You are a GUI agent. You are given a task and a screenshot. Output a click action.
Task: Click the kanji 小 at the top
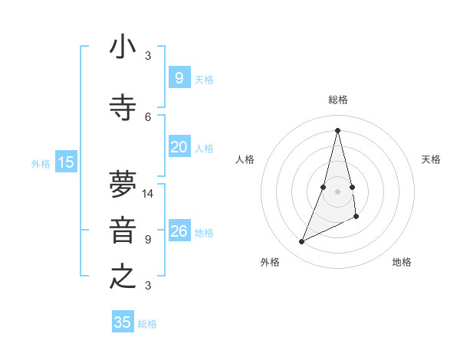click(x=123, y=47)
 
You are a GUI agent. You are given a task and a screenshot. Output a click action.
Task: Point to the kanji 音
click(x=123, y=231)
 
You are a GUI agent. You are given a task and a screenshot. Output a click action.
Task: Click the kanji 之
click(x=123, y=277)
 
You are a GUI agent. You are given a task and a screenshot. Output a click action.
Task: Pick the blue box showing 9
click(x=179, y=77)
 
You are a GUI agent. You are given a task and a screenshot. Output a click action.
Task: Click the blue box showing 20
click(x=179, y=147)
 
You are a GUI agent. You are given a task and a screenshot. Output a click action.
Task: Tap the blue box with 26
click(x=179, y=231)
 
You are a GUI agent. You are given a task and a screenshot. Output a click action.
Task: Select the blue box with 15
click(x=66, y=162)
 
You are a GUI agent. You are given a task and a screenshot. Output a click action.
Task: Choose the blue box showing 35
click(x=123, y=322)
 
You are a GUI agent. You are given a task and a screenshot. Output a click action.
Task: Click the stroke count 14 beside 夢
click(x=148, y=194)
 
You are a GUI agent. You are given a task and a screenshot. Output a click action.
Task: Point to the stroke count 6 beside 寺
click(x=148, y=116)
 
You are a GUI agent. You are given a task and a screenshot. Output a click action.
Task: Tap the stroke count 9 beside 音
click(x=148, y=239)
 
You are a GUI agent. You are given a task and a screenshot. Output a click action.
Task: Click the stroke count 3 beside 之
click(x=148, y=286)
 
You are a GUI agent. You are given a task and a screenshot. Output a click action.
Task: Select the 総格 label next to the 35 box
click(x=147, y=324)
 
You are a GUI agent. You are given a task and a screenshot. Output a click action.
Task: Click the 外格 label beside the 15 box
click(x=41, y=163)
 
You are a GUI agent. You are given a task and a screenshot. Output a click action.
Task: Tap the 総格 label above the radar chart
click(x=337, y=100)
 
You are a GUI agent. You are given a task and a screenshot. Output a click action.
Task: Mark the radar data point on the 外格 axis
click(x=301, y=242)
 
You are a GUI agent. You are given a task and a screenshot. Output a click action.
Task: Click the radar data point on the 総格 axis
click(x=337, y=129)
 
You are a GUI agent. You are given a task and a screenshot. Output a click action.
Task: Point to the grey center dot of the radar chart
click(x=337, y=180)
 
